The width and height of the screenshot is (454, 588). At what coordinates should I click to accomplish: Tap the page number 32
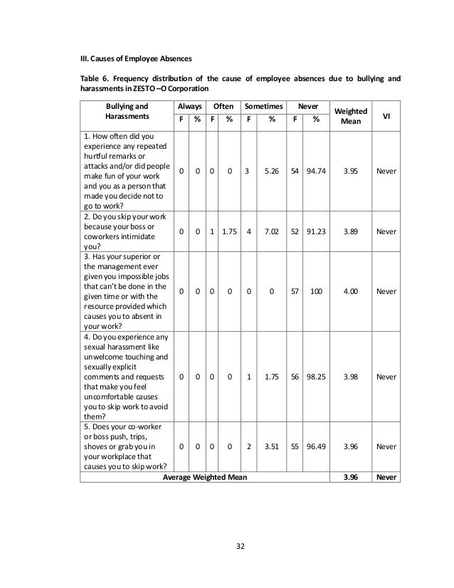click(239, 547)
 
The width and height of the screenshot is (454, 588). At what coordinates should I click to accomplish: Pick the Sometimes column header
click(263, 105)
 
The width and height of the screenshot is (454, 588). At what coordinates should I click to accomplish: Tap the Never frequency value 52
click(295, 231)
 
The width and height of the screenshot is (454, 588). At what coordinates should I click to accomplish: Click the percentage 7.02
click(272, 231)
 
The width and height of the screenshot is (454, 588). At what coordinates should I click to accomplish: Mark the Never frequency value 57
click(295, 291)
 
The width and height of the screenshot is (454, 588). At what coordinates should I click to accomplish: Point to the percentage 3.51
click(272, 446)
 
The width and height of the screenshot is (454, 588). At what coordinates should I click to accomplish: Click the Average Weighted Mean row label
click(205, 478)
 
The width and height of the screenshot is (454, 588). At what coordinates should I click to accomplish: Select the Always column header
click(188, 105)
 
